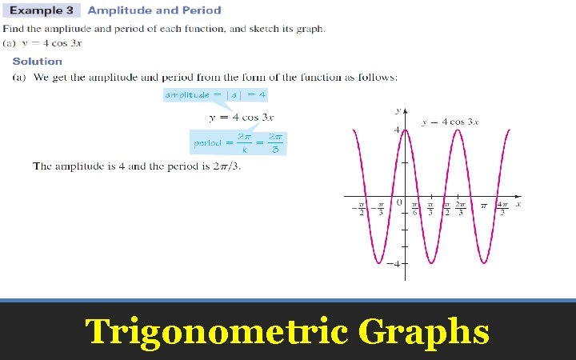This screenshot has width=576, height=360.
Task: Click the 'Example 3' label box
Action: click(x=41, y=10)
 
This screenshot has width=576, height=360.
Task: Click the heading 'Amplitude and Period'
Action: click(x=154, y=10)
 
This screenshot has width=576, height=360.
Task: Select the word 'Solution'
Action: click(x=37, y=61)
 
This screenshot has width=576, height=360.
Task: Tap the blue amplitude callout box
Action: click(x=214, y=95)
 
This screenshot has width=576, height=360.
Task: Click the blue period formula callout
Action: click(x=238, y=143)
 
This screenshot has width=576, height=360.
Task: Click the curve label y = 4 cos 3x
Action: click(x=450, y=122)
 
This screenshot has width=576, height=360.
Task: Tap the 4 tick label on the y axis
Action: click(x=397, y=130)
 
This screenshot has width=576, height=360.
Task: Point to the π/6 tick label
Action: click(x=415, y=210)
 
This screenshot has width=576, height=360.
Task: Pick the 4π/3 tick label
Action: click(x=502, y=210)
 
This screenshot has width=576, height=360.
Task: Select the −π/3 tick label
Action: click(x=379, y=210)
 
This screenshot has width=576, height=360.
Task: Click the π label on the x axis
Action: click(x=483, y=206)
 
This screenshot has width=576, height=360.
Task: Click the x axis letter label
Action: click(x=518, y=204)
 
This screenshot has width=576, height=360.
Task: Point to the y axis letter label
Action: click(x=398, y=110)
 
